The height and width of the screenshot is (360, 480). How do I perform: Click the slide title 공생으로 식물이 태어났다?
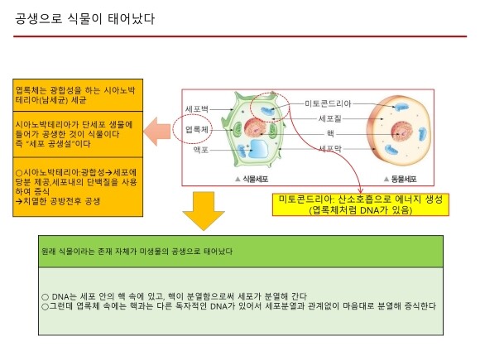tap(84, 19)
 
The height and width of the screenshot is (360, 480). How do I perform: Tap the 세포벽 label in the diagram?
tap(197, 109)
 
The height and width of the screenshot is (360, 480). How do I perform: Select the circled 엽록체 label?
tap(197, 129)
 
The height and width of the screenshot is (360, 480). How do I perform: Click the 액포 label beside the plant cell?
tap(201, 150)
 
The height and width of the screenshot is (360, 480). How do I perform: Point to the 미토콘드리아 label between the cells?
tap(328, 103)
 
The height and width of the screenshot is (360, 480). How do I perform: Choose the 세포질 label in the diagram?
tap(330, 118)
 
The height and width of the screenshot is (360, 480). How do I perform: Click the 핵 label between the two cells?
tap(330, 133)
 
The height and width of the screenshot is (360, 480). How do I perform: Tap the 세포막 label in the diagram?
tap(330, 149)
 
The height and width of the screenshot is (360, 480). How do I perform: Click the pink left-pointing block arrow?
tap(157, 131)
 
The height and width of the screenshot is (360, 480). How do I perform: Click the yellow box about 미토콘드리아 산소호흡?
tap(361, 204)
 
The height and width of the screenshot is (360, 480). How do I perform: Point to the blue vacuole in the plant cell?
tap(258, 148)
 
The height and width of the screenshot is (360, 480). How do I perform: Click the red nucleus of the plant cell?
tap(256, 127)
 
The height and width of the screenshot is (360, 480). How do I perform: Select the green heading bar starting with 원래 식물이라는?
tap(241, 252)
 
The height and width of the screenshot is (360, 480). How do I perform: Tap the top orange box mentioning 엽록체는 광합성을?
tap(78, 95)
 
